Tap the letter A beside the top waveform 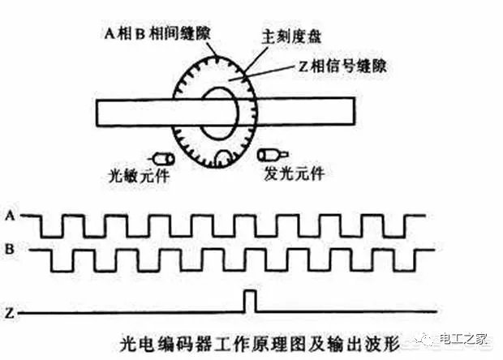click(x=11, y=216)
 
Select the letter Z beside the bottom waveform click(x=11, y=313)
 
